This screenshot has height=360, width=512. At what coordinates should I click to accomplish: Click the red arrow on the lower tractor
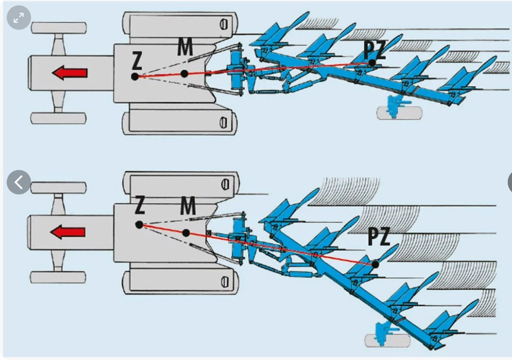point(68,232)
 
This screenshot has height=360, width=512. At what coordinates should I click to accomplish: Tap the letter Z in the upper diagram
point(137,61)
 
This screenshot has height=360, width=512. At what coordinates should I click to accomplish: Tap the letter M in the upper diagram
point(185,47)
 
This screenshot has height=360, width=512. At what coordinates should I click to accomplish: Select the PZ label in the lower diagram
point(379,237)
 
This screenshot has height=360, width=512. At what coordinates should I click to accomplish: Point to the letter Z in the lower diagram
point(139,205)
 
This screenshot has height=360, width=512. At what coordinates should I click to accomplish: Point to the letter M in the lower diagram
point(188,206)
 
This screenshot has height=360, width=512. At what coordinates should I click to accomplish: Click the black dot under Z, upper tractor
point(135,77)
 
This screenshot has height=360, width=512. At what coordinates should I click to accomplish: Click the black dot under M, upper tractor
point(184,73)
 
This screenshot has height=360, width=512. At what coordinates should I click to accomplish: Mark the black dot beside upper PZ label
point(372,63)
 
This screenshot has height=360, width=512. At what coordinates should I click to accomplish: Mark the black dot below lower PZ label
point(375,264)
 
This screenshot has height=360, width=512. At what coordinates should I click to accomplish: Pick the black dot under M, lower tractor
point(186,233)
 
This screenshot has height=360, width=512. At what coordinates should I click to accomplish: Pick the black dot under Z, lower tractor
point(139,225)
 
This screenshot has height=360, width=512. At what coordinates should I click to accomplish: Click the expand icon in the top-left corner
point(19,18)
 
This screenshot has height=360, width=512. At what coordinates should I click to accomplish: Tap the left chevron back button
point(19,182)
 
